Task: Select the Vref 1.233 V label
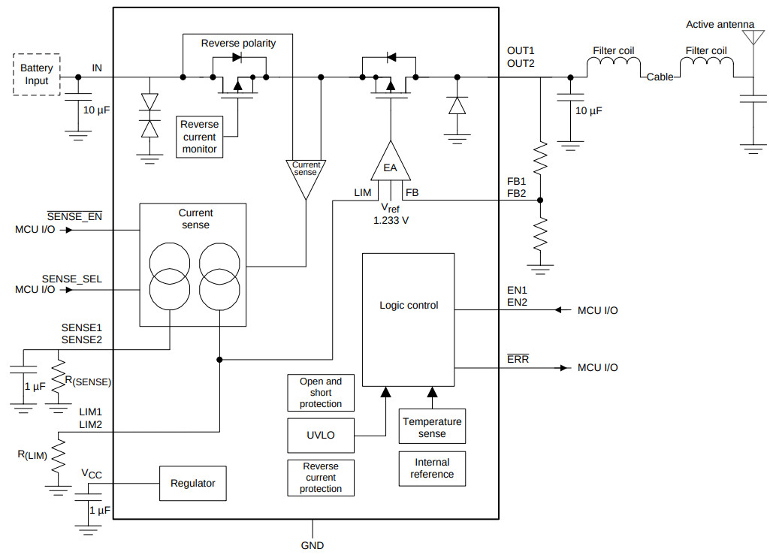click(391, 214)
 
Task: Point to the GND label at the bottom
click(313, 546)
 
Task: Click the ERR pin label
click(518, 359)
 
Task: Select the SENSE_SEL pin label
click(72, 279)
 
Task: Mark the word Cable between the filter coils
click(660, 77)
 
